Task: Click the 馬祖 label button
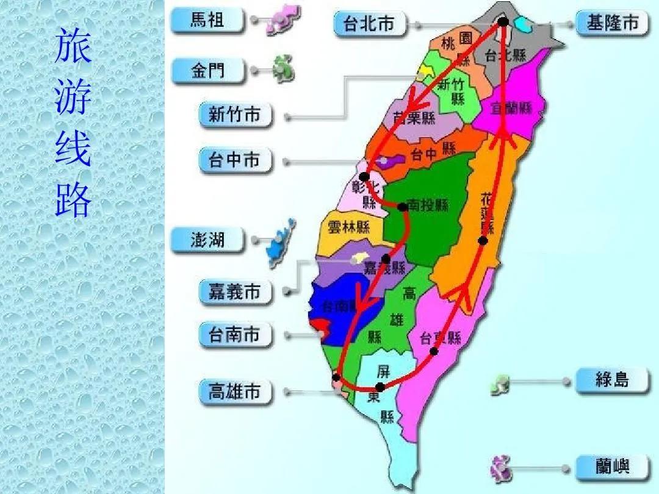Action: point(207,21)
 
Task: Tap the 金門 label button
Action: point(207,72)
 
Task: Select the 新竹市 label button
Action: point(236,114)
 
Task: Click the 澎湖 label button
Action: point(207,240)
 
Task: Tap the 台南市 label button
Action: point(236,335)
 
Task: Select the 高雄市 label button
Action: point(236,392)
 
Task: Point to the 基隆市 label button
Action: point(612,23)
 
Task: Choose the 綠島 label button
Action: point(612,381)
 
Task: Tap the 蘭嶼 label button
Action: point(612,468)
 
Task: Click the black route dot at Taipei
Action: point(503,22)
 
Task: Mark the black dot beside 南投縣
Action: point(403,207)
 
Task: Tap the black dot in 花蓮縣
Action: point(483,241)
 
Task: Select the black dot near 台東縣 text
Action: point(434,351)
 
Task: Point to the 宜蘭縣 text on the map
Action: point(511,109)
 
